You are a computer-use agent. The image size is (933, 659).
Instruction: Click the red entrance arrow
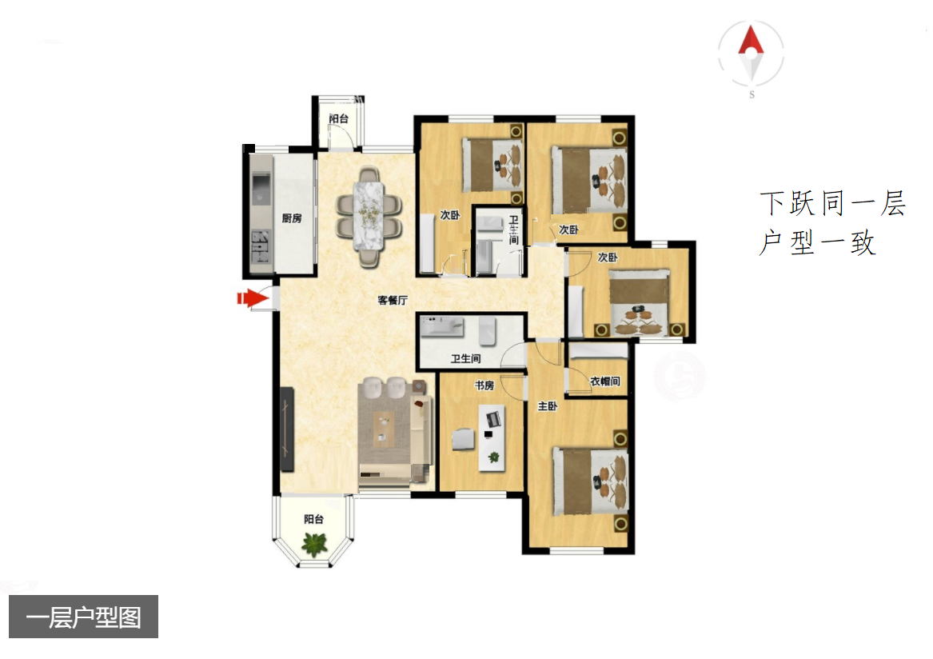(253, 298)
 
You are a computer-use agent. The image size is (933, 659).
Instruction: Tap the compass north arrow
(751, 41)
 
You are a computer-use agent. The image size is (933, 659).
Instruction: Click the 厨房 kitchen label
(292, 218)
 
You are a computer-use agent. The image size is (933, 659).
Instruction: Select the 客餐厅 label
(392, 300)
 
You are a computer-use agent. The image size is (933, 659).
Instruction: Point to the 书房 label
(484, 385)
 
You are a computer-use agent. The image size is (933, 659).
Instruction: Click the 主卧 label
(548, 406)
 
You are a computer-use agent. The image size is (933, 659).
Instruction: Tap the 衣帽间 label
(605, 381)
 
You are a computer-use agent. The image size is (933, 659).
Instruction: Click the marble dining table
(369, 215)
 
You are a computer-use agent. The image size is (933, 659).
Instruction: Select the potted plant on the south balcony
(314, 543)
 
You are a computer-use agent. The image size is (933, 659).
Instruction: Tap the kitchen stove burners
(260, 246)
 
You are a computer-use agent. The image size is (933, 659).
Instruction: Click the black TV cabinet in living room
(287, 429)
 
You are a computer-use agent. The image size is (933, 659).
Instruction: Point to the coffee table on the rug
(383, 429)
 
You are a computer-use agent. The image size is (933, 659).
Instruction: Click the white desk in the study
(492, 437)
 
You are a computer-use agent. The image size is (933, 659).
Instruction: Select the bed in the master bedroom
(590, 481)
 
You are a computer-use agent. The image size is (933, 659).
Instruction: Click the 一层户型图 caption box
(83, 617)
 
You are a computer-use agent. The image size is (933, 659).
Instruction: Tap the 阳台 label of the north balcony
(338, 118)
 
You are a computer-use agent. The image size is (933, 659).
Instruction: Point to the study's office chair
(463, 439)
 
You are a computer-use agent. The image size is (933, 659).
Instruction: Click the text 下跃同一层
(832, 204)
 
